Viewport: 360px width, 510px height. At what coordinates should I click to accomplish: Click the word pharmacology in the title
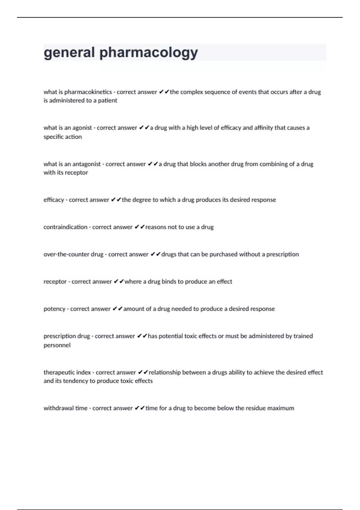tap(148, 53)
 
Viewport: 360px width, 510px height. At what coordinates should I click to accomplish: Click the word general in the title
tap(69, 53)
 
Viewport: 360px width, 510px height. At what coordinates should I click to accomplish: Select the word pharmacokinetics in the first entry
tap(88, 92)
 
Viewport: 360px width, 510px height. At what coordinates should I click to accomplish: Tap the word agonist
tap(82, 128)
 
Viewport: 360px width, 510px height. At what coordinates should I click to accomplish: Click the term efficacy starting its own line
tap(54, 200)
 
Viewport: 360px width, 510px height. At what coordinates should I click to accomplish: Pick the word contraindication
tap(65, 227)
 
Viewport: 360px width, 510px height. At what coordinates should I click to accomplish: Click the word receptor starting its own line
tap(55, 282)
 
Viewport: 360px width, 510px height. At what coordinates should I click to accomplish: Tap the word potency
tap(54, 309)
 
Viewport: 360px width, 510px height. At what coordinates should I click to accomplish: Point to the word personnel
tap(57, 345)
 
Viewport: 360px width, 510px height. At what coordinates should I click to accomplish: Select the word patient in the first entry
tap(107, 101)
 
